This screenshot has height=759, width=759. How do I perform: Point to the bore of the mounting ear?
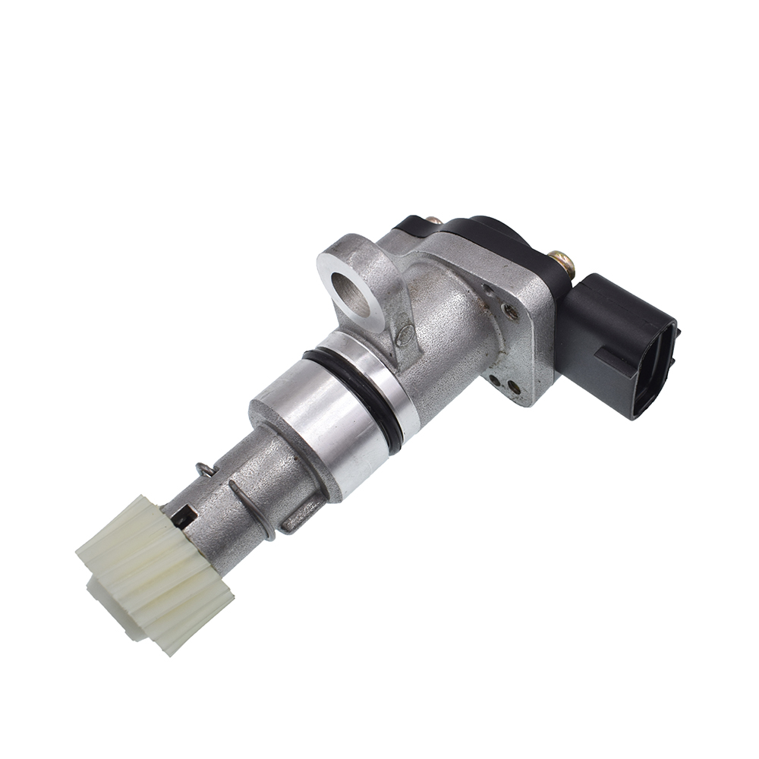coord(350,293)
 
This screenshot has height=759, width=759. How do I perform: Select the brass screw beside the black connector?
coord(562,263)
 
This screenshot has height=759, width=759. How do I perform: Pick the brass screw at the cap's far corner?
coord(433,220)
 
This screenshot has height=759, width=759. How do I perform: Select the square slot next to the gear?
coord(182,518)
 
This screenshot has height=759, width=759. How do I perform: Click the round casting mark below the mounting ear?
coord(406,332)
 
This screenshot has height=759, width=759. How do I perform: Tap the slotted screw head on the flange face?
coord(510,312)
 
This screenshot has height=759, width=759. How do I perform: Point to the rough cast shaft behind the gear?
coord(235,493)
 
